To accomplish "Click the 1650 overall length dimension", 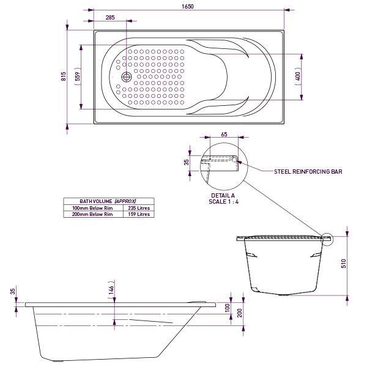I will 188,7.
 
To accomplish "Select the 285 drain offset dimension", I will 110,18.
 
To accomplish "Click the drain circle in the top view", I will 126,76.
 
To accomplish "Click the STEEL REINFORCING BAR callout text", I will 308,172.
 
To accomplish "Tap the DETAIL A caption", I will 223,195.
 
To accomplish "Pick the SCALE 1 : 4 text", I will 223,201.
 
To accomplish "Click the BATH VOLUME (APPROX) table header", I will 108,201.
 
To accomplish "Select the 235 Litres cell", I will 138,208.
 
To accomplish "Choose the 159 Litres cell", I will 138,215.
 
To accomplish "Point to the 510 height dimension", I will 344,263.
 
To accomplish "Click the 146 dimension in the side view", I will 111,291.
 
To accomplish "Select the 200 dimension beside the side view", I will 240,313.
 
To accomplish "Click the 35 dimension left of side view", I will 12,292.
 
